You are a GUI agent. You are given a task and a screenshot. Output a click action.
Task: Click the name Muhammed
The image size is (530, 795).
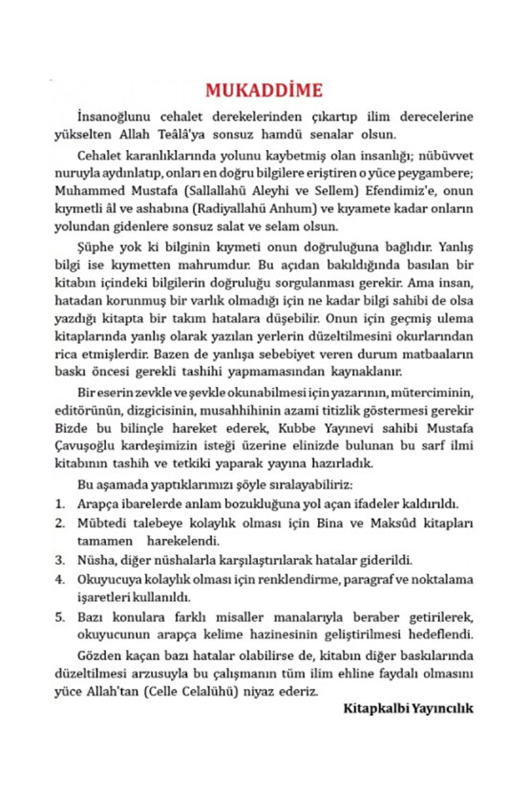coord(84,191)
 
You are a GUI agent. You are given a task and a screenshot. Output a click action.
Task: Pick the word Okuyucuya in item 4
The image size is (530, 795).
coord(107,579)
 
